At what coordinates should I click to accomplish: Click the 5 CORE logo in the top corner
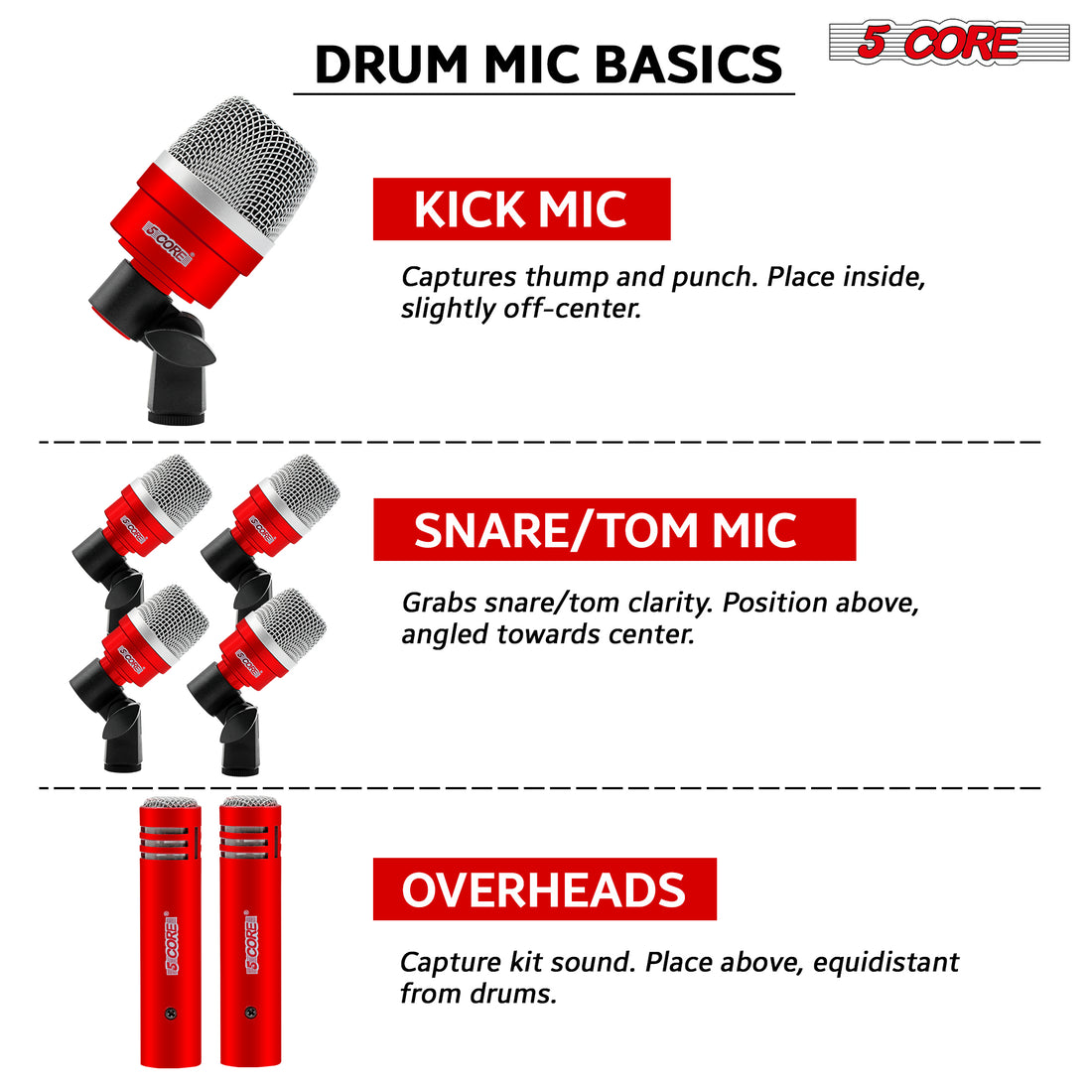[x=949, y=43]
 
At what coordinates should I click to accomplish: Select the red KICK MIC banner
[x=521, y=208]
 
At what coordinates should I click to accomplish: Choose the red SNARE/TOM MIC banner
[x=614, y=529]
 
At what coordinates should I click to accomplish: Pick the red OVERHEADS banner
[x=544, y=888]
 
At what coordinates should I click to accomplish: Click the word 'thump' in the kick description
[x=566, y=277]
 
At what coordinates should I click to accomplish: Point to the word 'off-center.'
[x=573, y=309]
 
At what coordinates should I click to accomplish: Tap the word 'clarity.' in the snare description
[x=670, y=603]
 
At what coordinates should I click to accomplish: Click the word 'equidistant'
[x=885, y=962]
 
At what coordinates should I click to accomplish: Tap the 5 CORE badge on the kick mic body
[x=167, y=243]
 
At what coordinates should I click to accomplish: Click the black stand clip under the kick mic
[x=177, y=367]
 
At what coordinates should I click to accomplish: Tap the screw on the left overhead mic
[x=170, y=1015]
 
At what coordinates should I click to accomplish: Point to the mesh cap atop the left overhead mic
[x=170, y=803]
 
